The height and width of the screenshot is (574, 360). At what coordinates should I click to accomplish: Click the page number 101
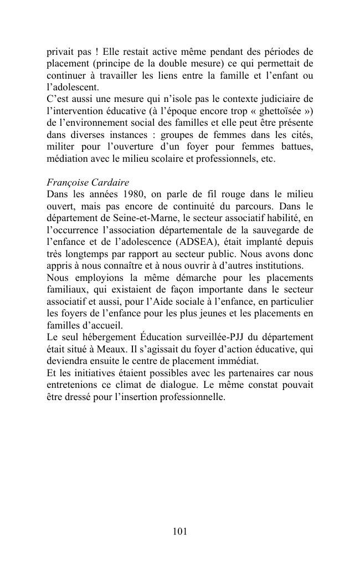pyautogui.click(x=180, y=531)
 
